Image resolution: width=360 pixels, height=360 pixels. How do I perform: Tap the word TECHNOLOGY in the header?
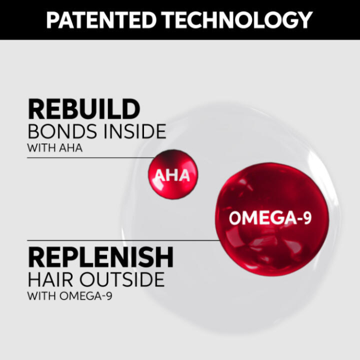point(232,20)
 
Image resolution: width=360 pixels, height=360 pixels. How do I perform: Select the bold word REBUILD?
point(84,109)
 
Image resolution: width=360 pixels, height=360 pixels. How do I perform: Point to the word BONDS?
point(60,132)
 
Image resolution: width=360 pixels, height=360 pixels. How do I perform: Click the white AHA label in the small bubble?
point(173,176)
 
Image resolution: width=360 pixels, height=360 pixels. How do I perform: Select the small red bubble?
point(173,164)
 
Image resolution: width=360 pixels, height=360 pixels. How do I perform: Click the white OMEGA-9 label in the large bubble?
point(270,218)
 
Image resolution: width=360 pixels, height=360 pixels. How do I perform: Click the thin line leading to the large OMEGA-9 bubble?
point(123,240)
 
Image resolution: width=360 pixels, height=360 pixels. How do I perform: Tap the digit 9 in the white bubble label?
point(307,218)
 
